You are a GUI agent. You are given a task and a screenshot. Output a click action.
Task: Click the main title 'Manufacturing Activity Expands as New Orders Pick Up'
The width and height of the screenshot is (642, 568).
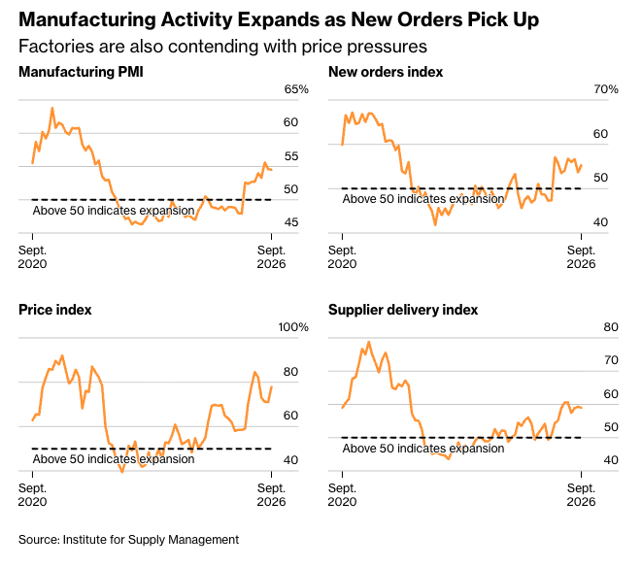[x=279, y=19]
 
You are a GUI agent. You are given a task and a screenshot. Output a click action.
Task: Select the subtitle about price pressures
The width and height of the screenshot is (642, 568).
[x=222, y=47]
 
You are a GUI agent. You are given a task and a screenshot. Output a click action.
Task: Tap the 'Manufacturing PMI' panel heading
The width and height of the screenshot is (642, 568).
[x=81, y=72]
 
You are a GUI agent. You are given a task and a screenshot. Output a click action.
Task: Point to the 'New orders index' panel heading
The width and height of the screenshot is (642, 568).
[x=386, y=72]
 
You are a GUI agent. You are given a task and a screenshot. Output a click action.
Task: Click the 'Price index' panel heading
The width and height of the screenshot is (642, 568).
[x=55, y=310]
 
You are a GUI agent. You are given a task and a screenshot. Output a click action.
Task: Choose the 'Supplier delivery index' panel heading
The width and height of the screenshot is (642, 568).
[x=403, y=310]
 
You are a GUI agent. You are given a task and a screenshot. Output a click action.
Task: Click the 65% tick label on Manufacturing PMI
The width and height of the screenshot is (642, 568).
[x=296, y=89]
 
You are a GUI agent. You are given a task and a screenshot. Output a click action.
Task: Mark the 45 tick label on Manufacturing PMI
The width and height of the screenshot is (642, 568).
[x=291, y=222]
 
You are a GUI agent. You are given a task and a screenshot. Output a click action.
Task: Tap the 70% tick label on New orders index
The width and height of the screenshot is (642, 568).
[x=606, y=89]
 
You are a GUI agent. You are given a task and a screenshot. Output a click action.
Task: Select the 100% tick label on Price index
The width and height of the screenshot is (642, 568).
[x=293, y=327]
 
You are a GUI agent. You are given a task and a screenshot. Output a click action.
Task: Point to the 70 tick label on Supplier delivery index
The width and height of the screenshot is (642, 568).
[x=611, y=360]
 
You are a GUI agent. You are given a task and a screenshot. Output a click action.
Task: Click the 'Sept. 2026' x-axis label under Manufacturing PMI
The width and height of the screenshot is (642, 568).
[x=271, y=257]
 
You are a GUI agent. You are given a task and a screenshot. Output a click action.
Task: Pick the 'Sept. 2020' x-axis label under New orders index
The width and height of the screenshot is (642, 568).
[x=342, y=257]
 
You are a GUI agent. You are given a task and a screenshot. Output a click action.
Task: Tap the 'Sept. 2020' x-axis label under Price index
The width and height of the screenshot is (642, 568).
[x=32, y=495]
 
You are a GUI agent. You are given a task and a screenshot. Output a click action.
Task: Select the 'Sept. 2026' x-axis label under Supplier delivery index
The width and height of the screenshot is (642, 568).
[x=581, y=495]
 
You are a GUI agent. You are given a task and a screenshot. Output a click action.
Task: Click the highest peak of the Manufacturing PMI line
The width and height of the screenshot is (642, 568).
[x=52, y=108]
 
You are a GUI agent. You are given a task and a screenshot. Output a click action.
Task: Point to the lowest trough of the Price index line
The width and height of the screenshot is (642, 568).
[x=122, y=472]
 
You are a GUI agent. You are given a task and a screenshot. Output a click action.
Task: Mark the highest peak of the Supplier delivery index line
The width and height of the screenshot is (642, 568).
[x=369, y=342]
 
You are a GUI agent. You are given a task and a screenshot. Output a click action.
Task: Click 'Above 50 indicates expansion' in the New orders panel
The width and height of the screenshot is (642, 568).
[x=423, y=199]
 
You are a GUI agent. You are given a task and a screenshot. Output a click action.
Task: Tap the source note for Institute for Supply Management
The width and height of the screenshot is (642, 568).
[x=128, y=539]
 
